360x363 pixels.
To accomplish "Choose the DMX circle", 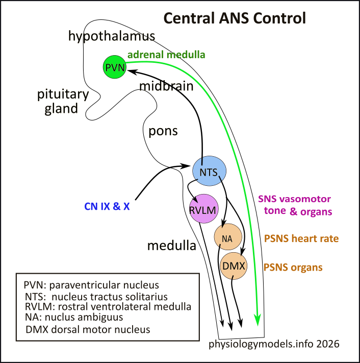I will point(234,266).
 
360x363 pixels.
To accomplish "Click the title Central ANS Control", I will point(234,19).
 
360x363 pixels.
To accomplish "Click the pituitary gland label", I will point(63,102).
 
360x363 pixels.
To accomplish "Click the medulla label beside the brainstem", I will point(172,246).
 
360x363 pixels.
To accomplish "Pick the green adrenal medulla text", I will point(167,54).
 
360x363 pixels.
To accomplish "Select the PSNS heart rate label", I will point(301,238).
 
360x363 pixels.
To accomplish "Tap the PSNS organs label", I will point(293,267).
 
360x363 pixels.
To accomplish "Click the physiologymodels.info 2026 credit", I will point(274,344).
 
